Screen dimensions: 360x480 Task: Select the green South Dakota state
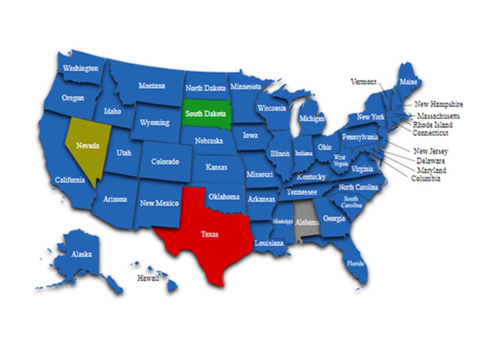click(x=206, y=114)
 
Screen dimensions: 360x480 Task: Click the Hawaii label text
click(x=148, y=278)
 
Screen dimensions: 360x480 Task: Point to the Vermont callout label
click(x=363, y=82)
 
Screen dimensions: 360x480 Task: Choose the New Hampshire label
click(x=439, y=104)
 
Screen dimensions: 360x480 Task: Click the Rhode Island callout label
click(x=433, y=125)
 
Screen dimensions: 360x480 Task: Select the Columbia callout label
click(x=426, y=179)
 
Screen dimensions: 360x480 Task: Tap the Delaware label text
click(x=431, y=161)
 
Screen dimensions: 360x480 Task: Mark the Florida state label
click(x=356, y=263)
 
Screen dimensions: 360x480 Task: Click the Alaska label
click(x=81, y=254)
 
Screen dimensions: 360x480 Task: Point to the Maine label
click(x=408, y=82)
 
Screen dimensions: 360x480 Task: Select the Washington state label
click(x=81, y=68)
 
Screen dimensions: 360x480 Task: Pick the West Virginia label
click(x=340, y=160)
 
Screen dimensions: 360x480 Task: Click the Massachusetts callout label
click(x=438, y=116)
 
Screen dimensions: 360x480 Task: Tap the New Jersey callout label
click(x=431, y=151)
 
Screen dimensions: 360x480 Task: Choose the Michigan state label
click(x=312, y=118)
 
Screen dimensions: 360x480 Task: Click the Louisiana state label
click(x=269, y=243)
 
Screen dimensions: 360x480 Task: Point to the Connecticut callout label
click(x=430, y=133)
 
